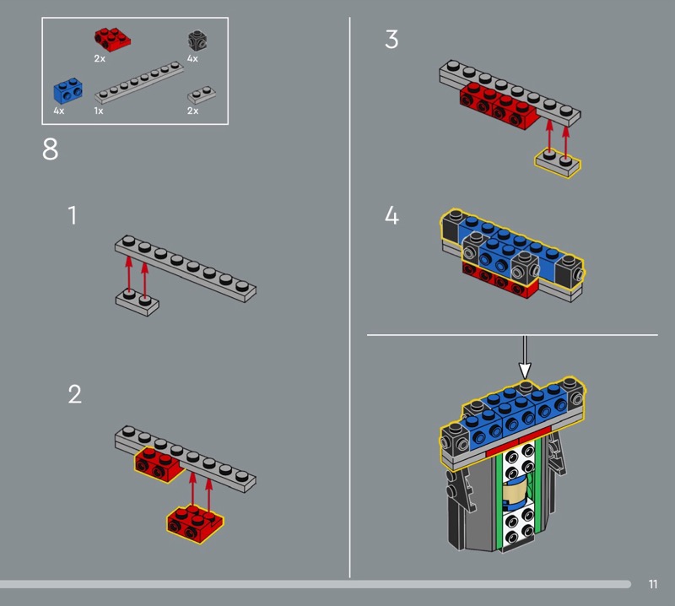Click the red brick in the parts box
click(112, 40)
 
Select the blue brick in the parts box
click(67, 91)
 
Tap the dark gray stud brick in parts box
click(197, 41)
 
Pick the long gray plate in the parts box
click(139, 82)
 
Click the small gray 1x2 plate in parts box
click(202, 95)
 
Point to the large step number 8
click(50, 149)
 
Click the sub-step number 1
click(73, 215)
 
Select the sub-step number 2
click(74, 394)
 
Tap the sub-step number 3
click(391, 39)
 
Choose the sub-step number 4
click(391, 215)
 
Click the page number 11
click(653, 584)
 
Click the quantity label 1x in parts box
click(99, 111)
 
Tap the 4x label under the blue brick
click(58, 111)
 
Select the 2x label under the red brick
click(100, 58)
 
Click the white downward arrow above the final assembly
click(524, 359)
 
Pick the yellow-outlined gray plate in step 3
click(558, 163)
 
